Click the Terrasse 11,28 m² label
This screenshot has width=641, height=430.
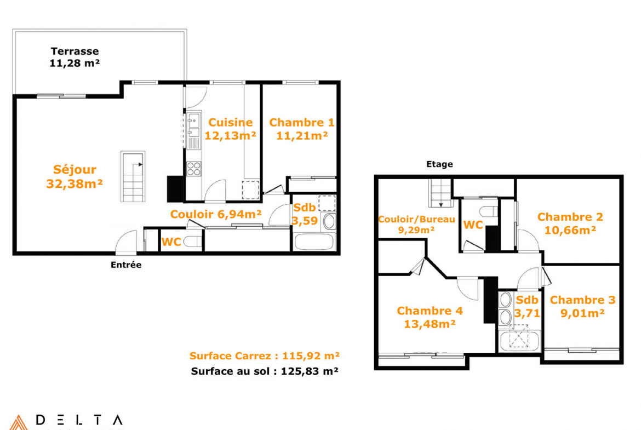coord(75,57)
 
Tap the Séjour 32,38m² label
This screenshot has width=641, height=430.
coord(75,176)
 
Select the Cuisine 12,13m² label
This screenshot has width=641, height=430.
coord(230,129)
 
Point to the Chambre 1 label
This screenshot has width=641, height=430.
coord(302,123)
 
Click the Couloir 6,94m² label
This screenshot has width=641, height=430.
coord(216,214)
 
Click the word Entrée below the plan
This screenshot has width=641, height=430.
coord(126,265)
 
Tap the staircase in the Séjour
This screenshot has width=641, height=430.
coord(133,176)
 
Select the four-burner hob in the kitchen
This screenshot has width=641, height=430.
coord(194,168)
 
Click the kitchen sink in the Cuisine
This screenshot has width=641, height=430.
coord(193,125)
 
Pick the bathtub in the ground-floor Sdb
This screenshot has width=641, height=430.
coord(313,242)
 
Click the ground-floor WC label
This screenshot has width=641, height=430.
coord(171,242)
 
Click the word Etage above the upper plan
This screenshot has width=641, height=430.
coord(439,164)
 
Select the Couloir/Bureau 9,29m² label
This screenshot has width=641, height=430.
coord(416,225)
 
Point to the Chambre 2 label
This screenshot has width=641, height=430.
coord(570,217)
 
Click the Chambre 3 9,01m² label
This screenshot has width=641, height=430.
coord(582,306)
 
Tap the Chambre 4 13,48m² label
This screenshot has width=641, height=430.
coord(430,317)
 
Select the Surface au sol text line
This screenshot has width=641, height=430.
coord(265,371)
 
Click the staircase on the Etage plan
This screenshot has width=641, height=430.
coord(440,193)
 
